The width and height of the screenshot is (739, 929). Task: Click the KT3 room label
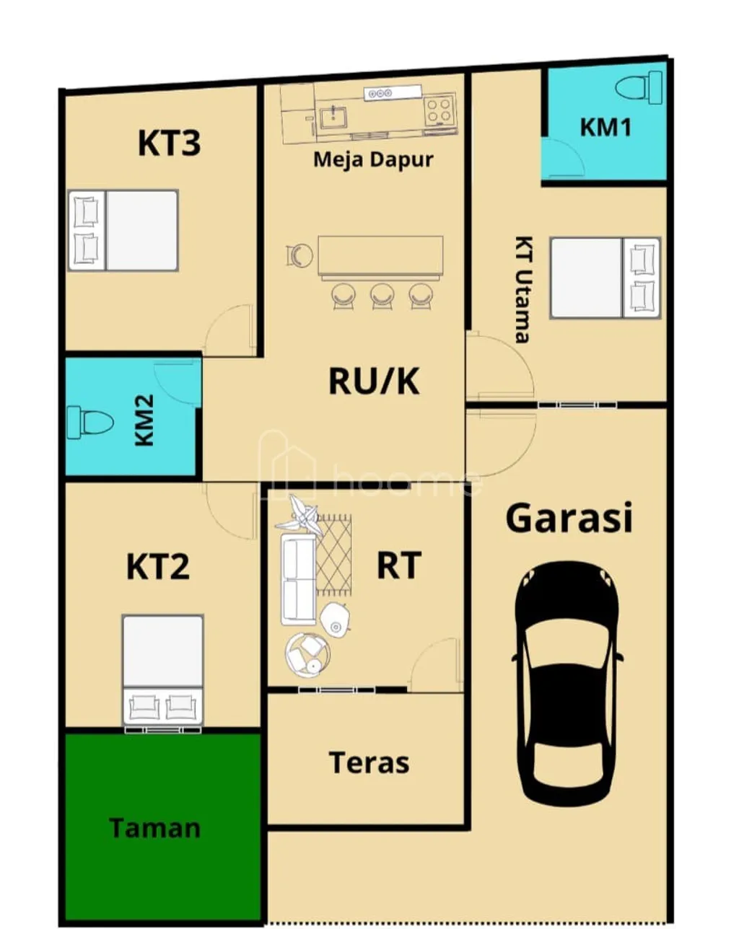click(x=169, y=143)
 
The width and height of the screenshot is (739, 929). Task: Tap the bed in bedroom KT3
click(x=123, y=230)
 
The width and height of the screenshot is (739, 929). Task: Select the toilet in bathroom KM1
click(x=639, y=88)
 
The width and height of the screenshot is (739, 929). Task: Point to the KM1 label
click(x=605, y=128)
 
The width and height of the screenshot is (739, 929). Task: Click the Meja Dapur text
click(x=373, y=159)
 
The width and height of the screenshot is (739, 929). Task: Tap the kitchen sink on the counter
click(x=333, y=116)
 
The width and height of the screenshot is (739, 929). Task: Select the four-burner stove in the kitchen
click(x=439, y=110)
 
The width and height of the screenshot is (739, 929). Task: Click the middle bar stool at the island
click(x=382, y=295)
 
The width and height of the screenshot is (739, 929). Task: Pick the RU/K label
click(x=374, y=381)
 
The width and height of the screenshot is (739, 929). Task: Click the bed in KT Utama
click(x=605, y=278)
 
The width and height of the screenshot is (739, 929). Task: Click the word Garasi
click(x=569, y=518)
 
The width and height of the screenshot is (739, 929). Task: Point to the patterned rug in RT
click(x=333, y=554)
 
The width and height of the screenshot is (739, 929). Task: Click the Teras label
click(x=369, y=762)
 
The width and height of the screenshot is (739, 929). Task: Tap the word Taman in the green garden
click(x=154, y=828)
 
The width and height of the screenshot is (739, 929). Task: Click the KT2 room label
click(x=158, y=567)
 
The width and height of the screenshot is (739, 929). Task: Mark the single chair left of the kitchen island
click(x=299, y=255)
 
